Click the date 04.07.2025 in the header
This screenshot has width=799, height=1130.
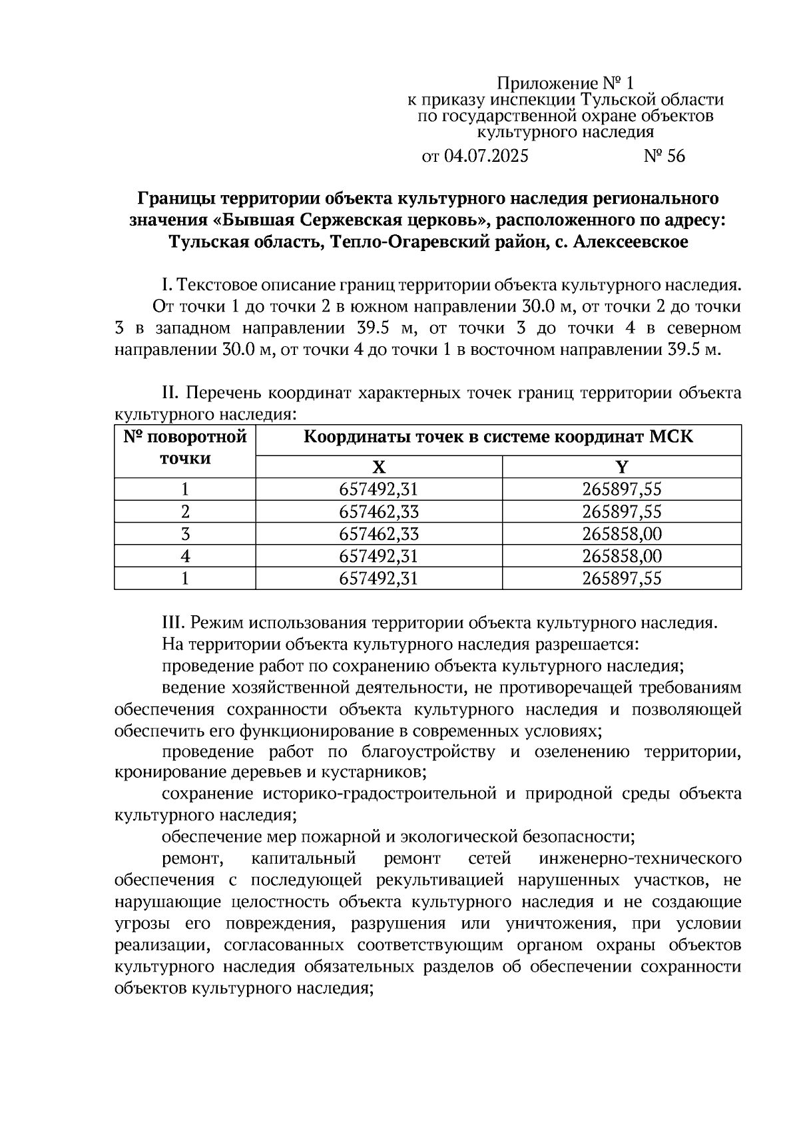pos(485,156)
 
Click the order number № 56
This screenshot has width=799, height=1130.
pos(664,156)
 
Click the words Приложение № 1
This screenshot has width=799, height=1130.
pos(565,83)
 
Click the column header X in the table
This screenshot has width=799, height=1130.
pos(378,467)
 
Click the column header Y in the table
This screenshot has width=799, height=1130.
pos(621,467)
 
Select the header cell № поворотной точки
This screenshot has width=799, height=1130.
pos(185,447)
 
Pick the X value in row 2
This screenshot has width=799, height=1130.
pos(378,512)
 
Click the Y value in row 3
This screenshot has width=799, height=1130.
pos(621,534)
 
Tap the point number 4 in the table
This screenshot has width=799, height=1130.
pos(185,556)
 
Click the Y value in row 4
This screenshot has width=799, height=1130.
pos(621,556)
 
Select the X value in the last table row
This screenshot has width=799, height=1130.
pos(378,578)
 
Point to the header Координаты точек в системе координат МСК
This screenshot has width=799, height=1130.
pos(498,437)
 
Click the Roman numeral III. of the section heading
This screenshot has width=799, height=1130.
pos(174,623)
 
